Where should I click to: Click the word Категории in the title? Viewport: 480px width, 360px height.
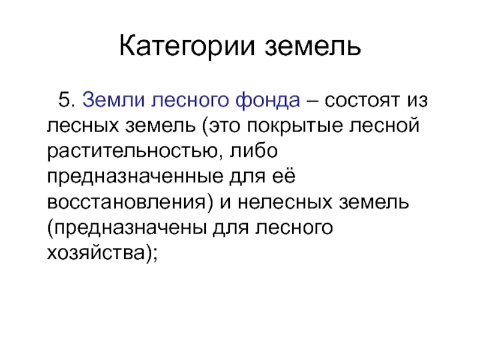click(187, 47)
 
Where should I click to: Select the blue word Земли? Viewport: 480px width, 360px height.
click(113, 100)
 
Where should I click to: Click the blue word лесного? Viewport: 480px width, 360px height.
click(190, 101)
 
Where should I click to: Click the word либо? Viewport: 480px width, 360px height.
click(254, 151)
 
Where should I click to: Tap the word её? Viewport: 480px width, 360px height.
click(283, 176)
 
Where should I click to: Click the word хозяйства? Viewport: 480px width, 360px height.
click(96, 253)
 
